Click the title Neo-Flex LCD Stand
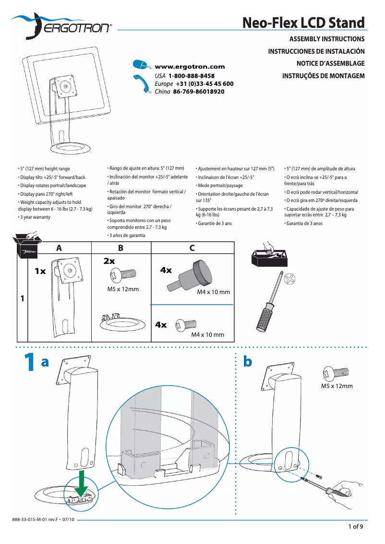[x=303, y=23]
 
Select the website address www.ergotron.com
[x=190, y=67]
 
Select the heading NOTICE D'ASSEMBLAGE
[x=330, y=63]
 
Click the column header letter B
[x=120, y=248]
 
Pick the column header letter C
[x=192, y=248]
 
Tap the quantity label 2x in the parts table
[x=109, y=261]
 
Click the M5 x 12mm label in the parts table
[x=123, y=289]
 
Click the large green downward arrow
[x=82, y=482]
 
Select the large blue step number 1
[x=29, y=362]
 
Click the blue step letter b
[x=248, y=362]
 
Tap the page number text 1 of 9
[x=355, y=527]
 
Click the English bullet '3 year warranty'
[x=35, y=217]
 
